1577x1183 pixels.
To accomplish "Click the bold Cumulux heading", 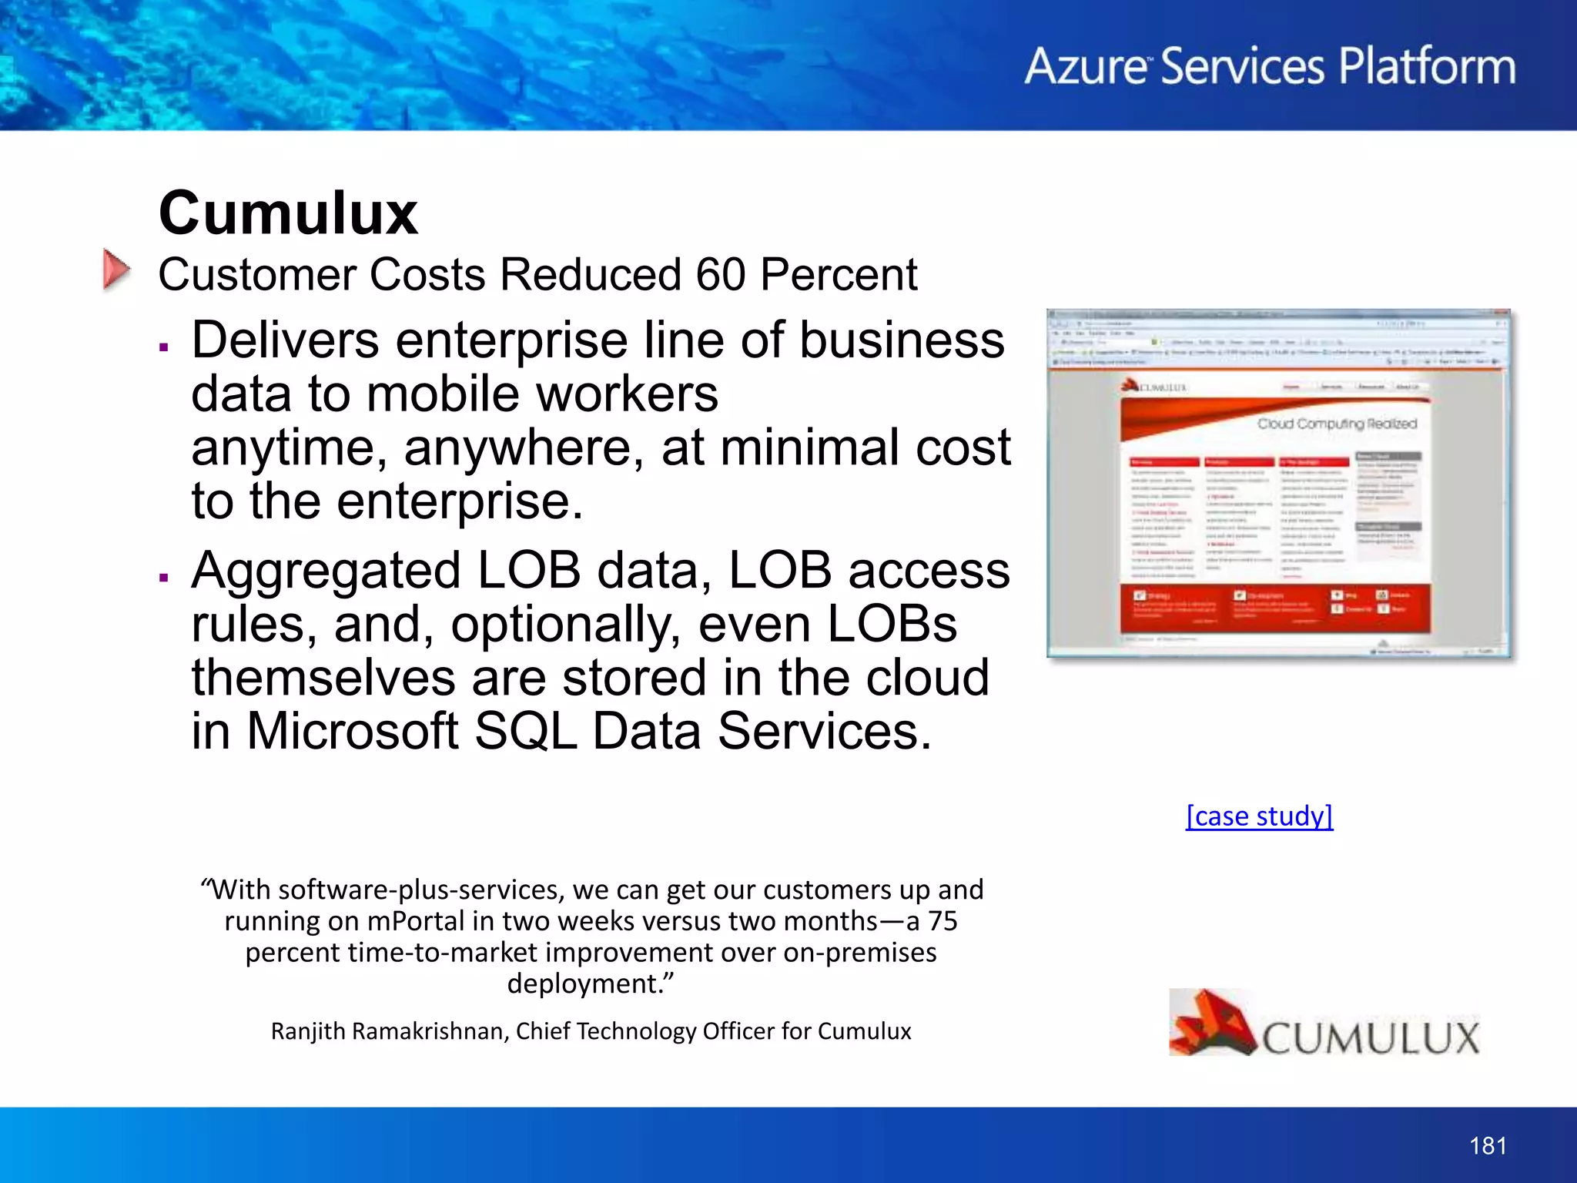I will point(288,213).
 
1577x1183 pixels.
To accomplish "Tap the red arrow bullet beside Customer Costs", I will point(116,270).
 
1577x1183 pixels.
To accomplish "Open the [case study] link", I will point(1259,816).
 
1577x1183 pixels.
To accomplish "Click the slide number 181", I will point(1488,1146).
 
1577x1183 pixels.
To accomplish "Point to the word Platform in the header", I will point(1427,66).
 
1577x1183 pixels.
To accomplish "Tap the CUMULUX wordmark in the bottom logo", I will point(1371,1038).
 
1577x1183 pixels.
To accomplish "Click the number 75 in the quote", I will point(942,921).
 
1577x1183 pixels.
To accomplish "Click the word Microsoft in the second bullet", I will point(352,731).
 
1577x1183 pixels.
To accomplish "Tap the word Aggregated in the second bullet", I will point(326,571).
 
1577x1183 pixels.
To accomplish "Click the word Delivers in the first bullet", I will point(285,340).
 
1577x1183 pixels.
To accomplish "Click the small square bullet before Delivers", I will point(163,347).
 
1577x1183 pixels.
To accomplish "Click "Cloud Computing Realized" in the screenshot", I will point(1337,424).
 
